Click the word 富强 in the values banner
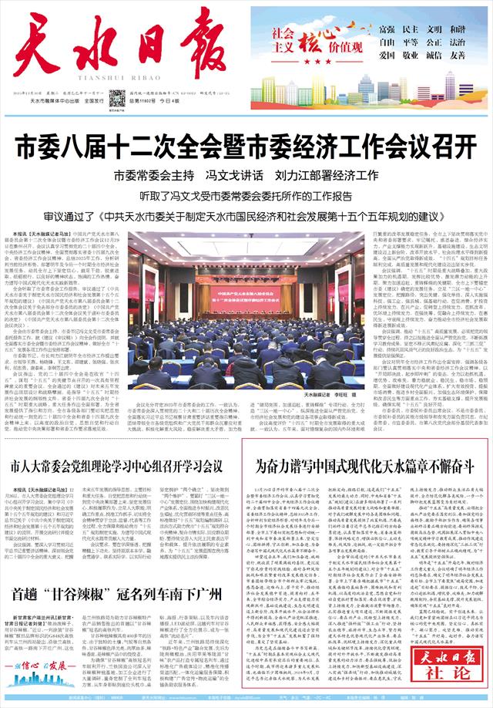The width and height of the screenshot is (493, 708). [x=377, y=29]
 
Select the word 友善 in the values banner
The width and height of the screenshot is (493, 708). [x=458, y=56]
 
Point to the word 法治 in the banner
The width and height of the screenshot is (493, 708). [x=458, y=42]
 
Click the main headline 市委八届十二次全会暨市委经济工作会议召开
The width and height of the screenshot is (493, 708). [x=246, y=145]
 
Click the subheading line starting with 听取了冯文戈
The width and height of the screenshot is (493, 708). [x=246, y=194]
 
